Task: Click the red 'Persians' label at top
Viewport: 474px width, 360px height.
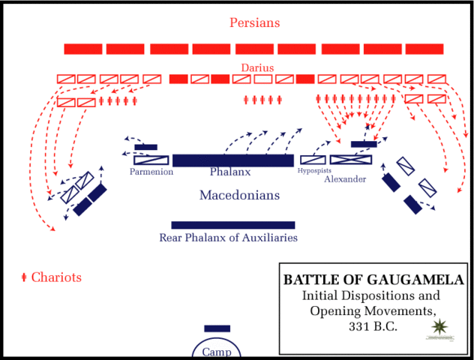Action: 254,22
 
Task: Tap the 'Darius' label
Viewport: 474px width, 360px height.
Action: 256,67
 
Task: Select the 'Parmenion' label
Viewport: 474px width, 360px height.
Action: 151,172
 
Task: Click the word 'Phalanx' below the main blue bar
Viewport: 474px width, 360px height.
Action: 229,172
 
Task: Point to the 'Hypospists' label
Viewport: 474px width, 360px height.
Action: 314,171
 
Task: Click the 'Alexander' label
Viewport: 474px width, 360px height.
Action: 345,179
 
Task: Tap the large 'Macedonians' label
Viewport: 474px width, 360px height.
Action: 239,196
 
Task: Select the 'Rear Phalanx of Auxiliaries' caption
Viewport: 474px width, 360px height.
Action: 228,238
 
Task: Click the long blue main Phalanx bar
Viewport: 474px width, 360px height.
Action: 232,160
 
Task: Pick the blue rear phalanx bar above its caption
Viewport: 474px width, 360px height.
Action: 232,225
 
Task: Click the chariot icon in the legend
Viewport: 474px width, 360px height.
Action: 24,278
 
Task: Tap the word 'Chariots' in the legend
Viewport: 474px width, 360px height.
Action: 56,277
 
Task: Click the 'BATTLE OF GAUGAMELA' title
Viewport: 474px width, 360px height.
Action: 373,280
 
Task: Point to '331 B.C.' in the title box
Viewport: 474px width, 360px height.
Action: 373,326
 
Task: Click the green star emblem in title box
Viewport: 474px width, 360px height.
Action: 441,327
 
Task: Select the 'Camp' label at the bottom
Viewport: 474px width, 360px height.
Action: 216,352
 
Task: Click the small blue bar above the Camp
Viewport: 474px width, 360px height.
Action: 217,328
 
